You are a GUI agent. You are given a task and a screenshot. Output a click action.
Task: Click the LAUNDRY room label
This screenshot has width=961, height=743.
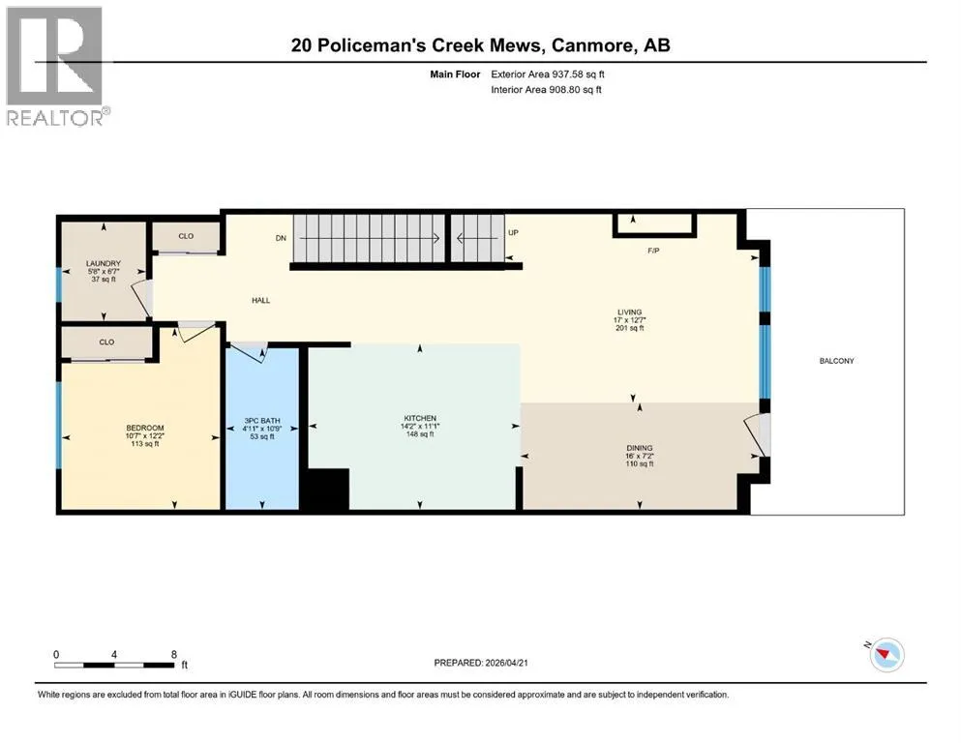(103, 263)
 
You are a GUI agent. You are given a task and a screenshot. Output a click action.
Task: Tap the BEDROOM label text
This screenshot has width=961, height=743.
(145, 428)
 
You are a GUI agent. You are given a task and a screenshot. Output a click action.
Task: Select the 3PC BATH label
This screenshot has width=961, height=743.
(262, 421)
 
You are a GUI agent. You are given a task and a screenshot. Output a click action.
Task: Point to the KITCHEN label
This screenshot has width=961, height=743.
(420, 418)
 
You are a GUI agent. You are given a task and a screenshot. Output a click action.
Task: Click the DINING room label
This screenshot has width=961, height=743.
(640, 448)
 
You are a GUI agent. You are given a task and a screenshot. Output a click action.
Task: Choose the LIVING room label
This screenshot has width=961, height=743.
(629, 312)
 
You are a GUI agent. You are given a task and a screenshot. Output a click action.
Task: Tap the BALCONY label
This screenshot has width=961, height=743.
(836, 361)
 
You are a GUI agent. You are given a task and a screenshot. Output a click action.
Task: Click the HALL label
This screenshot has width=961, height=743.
(260, 300)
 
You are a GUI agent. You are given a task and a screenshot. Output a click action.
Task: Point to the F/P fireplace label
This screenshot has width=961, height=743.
(653, 251)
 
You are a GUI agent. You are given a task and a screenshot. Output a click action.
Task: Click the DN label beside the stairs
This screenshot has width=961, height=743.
(281, 238)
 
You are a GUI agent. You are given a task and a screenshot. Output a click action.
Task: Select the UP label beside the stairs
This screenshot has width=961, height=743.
(513, 233)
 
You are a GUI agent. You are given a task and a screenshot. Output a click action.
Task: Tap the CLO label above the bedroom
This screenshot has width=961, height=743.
(106, 342)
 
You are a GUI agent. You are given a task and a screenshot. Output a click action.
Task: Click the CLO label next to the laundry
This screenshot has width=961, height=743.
(186, 236)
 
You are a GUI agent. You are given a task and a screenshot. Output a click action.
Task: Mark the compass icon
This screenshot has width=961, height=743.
(886, 655)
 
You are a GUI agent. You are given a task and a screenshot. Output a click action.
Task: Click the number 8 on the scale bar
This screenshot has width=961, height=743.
(174, 654)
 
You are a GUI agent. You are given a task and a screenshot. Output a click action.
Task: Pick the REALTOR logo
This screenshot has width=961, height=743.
(56, 66)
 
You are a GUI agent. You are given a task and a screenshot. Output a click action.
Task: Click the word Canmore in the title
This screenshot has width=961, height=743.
(591, 45)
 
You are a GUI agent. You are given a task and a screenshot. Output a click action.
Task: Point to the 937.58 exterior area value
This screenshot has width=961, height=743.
(569, 74)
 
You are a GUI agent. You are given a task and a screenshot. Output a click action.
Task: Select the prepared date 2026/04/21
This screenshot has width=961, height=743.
(506, 663)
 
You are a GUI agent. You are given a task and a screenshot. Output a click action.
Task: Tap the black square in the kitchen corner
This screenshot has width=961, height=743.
(326, 489)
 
